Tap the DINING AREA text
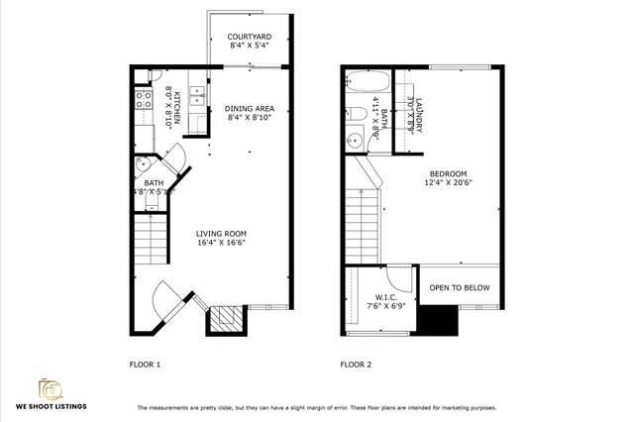pyautogui.click(x=250, y=108)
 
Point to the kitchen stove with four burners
pyautogui.click(x=142, y=99)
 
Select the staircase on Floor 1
pyautogui.click(x=152, y=243)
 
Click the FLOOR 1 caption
pyautogui.click(x=145, y=365)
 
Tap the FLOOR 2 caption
pyautogui.click(x=356, y=365)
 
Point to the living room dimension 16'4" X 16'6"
pyautogui.click(x=220, y=241)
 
